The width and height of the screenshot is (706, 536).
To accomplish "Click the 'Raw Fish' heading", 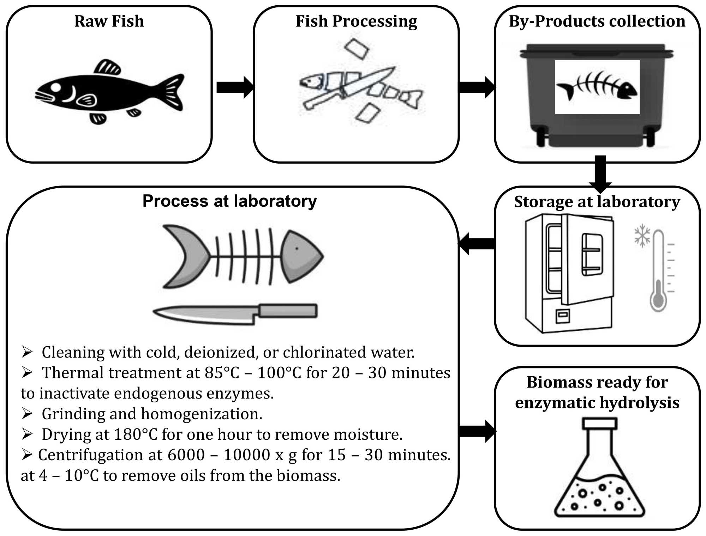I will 109,21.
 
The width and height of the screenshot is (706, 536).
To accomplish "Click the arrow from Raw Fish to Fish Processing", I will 235,87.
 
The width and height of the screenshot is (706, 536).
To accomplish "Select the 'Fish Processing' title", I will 356,21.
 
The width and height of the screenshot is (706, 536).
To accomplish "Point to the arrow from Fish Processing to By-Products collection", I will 477,87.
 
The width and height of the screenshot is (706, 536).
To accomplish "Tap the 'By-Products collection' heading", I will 597,21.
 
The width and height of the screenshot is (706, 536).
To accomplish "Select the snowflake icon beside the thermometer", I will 642,236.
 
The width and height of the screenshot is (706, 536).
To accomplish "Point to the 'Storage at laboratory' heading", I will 597,202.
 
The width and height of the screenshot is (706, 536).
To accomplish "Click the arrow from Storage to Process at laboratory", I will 477,243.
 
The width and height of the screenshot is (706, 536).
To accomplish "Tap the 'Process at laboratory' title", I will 229,201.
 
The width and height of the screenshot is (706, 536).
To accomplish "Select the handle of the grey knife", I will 288,311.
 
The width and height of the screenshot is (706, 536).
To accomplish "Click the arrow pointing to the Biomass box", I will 477,431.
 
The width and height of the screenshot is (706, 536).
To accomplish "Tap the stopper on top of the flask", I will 599,423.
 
